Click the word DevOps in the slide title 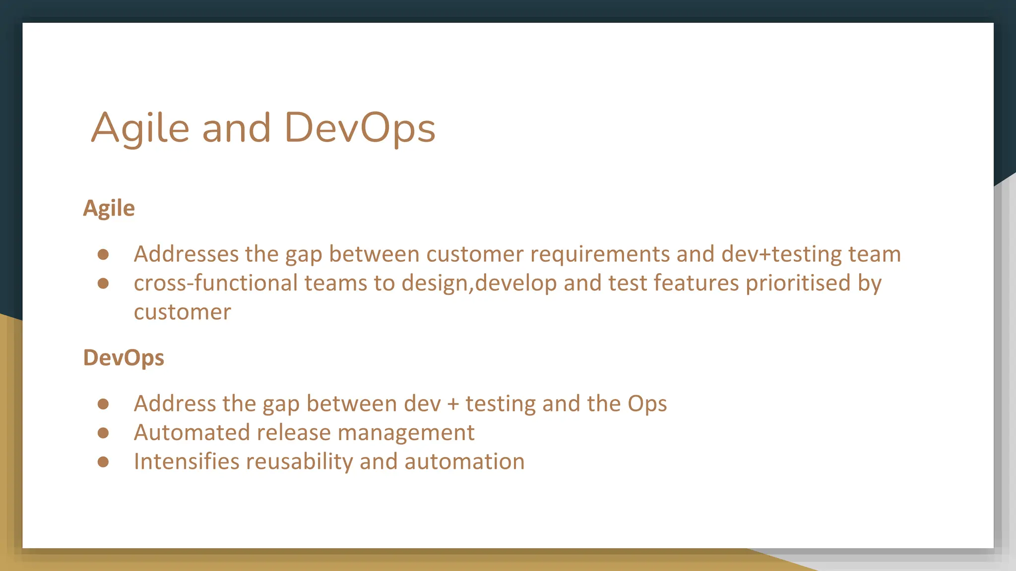[360, 128]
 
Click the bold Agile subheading [109, 208]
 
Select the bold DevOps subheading [124, 358]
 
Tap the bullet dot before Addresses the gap [103, 254]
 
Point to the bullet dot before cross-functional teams [103, 283]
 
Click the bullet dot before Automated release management [103, 433]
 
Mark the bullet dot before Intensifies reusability [103, 462]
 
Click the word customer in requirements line [474, 254]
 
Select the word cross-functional [216, 283]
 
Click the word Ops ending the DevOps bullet [647, 404]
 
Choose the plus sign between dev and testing [453, 404]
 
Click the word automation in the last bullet [464, 462]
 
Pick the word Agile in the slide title [140, 128]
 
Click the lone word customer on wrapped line [182, 312]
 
